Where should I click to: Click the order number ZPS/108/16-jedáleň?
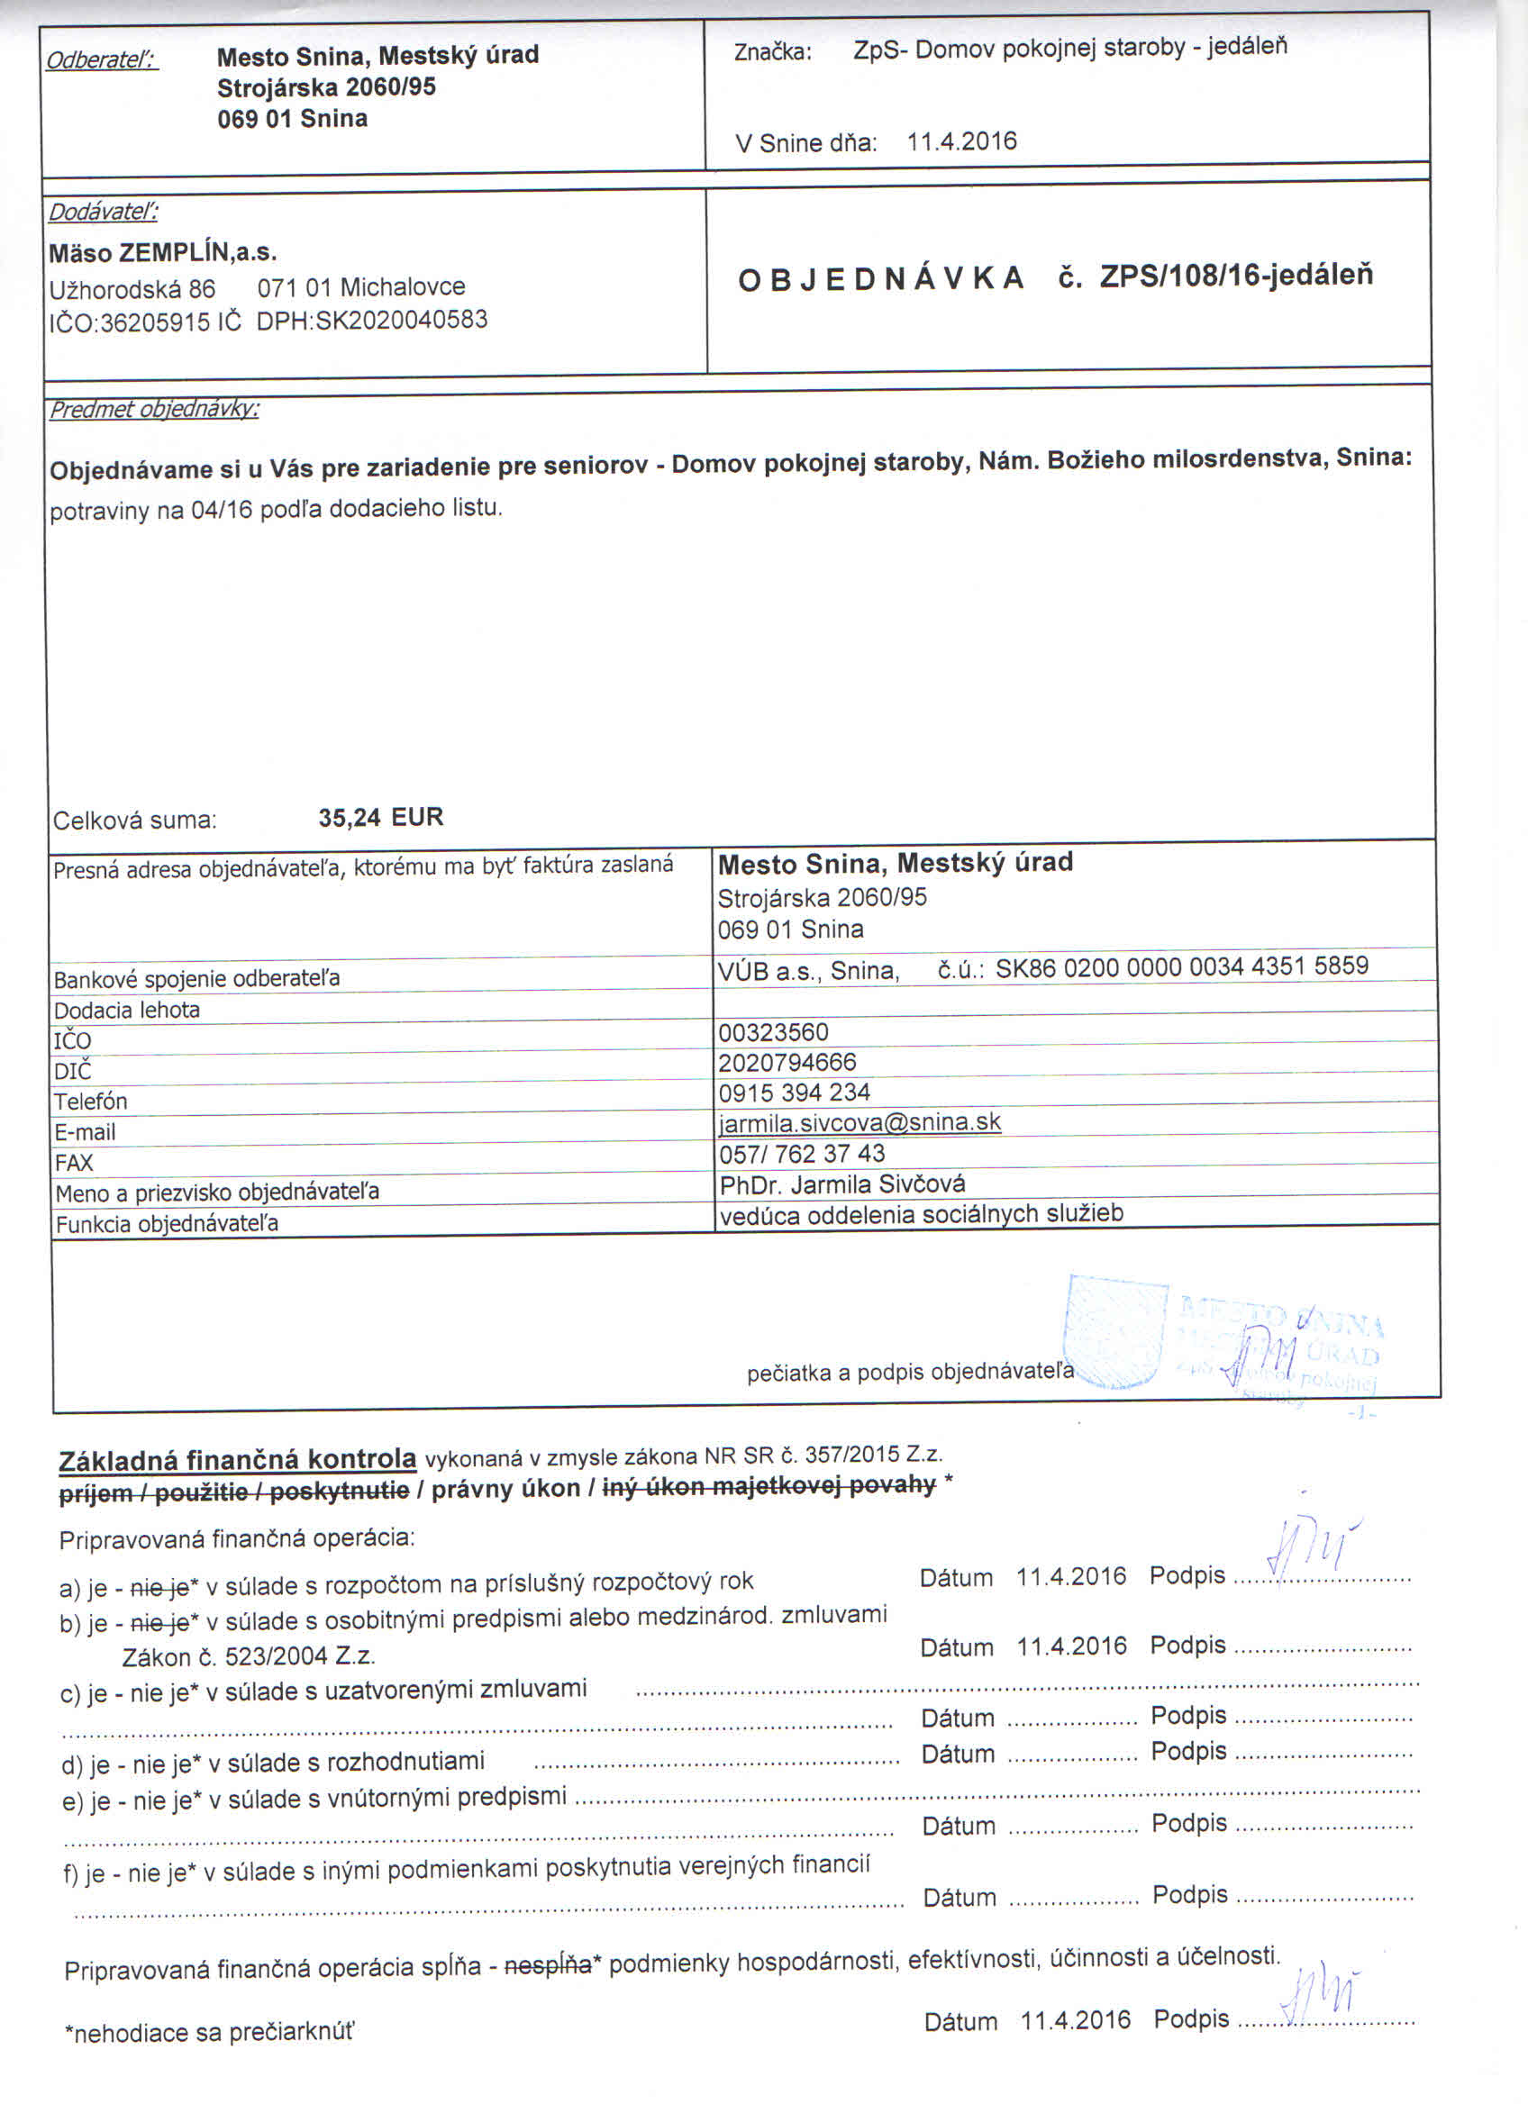point(1236,277)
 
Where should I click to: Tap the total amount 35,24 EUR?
point(380,817)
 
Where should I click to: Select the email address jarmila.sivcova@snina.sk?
point(859,1122)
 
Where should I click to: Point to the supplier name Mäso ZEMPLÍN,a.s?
point(163,252)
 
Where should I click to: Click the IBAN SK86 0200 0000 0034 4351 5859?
point(1181,966)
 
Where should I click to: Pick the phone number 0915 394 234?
point(794,1092)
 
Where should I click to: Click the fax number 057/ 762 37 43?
point(802,1153)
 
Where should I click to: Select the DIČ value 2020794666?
point(787,1062)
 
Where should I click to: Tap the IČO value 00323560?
point(773,1031)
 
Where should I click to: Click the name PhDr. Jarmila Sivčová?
point(841,1183)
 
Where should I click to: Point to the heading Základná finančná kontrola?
point(238,1459)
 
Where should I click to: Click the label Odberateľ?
point(102,59)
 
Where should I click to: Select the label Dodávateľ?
point(103,212)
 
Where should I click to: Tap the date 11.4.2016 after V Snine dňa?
point(961,141)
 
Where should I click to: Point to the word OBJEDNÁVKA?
point(880,279)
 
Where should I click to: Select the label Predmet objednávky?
point(154,409)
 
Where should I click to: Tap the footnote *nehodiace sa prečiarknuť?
point(210,2033)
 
